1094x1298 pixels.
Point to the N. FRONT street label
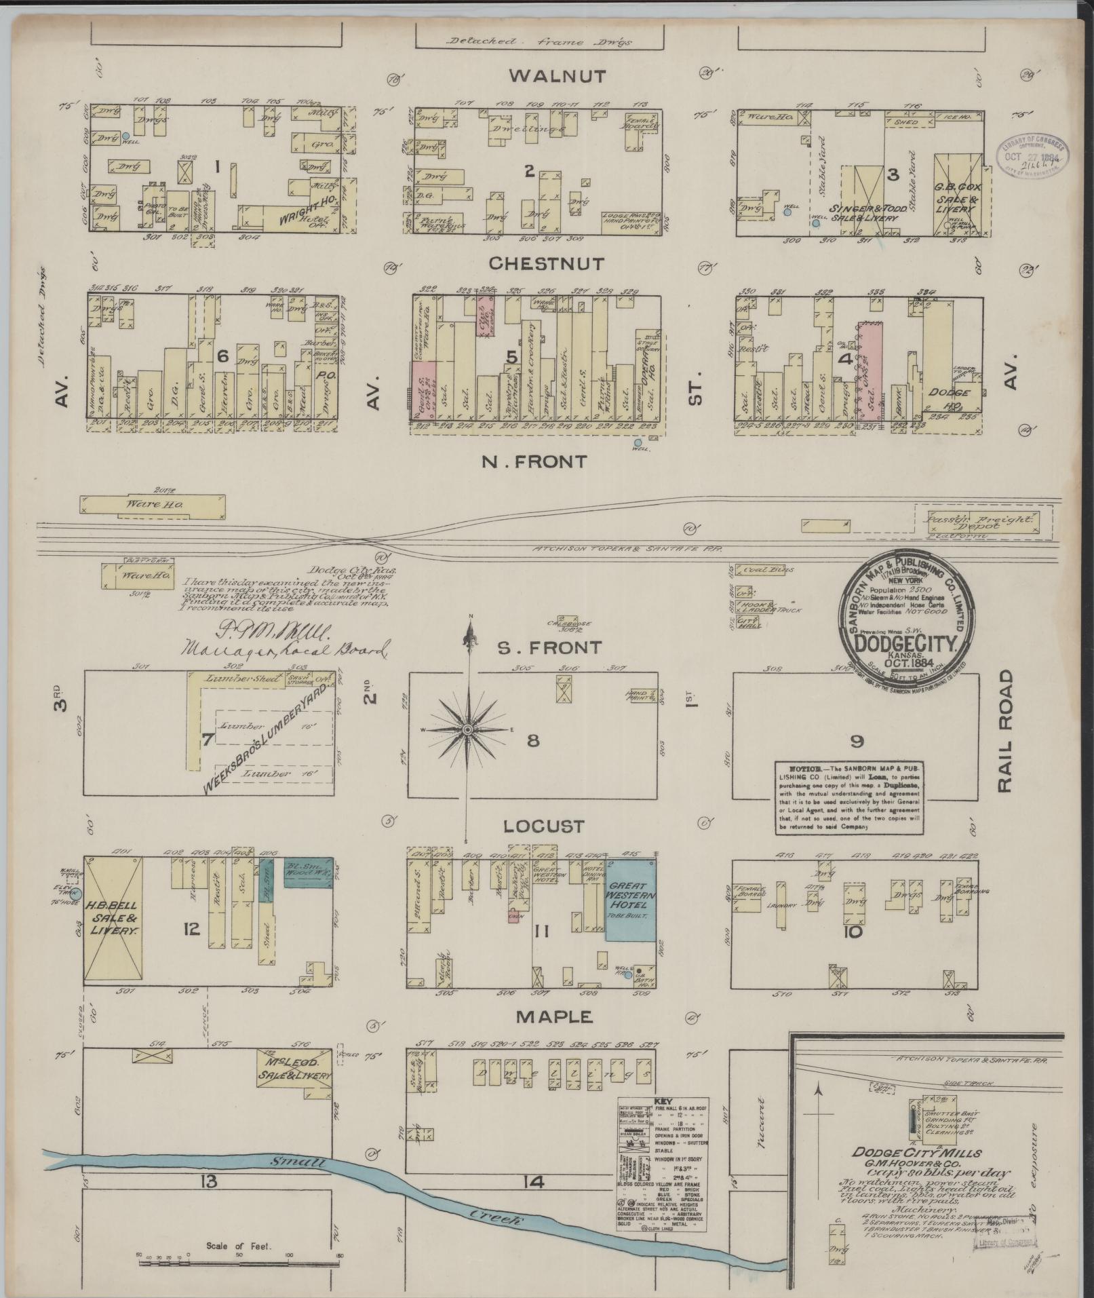pos(534,461)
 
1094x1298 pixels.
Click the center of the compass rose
pos(467,729)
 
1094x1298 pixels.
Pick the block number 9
pos(857,741)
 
